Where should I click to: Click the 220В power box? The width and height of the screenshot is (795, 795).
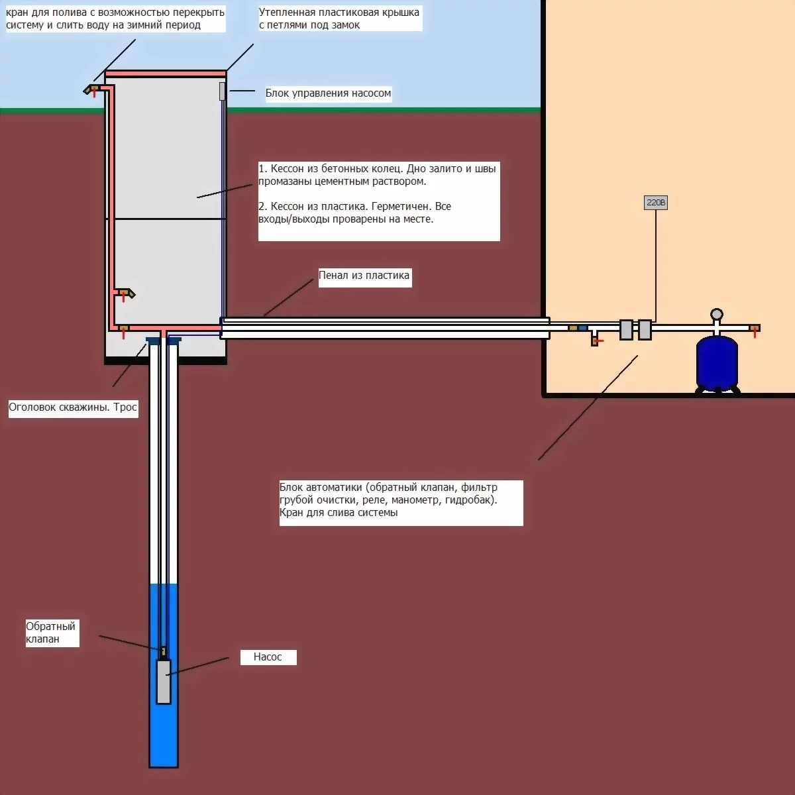tap(656, 203)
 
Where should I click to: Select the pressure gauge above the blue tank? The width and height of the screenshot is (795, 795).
tap(716, 314)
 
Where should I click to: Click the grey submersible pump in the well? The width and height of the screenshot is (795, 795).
tap(163, 681)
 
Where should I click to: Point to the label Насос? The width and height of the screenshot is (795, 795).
tap(268, 657)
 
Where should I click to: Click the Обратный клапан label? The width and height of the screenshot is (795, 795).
tap(51, 633)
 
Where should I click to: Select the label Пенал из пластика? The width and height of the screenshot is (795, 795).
tap(364, 276)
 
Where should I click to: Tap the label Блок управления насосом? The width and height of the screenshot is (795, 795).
tap(328, 93)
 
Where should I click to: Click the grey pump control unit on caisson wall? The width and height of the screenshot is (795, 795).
tap(223, 91)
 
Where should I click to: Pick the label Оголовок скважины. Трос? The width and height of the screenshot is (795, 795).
tap(73, 407)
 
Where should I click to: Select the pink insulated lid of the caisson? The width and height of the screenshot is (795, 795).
tap(166, 74)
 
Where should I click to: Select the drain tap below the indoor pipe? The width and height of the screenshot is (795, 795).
tap(596, 341)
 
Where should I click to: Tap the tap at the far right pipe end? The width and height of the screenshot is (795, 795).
tap(755, 329)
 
